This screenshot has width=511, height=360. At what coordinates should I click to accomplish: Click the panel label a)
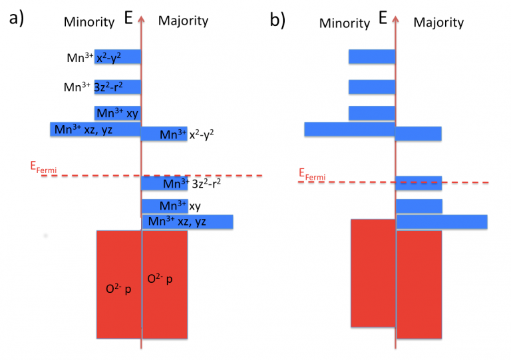point(16,18)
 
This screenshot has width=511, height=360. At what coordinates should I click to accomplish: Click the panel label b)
point(277,20)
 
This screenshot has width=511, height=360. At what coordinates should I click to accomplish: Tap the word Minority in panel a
point(89,22)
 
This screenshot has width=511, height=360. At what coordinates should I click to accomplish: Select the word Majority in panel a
point(183,21)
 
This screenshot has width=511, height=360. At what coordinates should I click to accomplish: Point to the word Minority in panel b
point(345,23)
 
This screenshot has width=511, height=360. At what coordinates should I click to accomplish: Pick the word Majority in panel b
point(438,23)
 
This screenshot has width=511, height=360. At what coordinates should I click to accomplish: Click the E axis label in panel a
point(128,17)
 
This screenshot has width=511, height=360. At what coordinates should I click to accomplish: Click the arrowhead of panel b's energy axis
point(395,19)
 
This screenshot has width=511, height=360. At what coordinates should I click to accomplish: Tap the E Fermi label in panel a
point(43,168)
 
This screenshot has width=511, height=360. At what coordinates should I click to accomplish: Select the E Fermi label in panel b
point(312,174)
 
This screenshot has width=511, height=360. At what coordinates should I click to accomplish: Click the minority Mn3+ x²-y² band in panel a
point(118,57)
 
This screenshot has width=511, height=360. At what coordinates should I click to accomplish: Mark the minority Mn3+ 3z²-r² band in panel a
point(118,87)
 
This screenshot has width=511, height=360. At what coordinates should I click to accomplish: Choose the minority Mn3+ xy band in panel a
point(118,113)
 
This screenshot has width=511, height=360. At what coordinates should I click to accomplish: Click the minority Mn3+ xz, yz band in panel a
point(96,129)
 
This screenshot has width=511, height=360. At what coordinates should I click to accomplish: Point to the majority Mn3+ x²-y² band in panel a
point(164,134)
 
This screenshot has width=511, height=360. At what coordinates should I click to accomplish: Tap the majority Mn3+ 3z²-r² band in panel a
point(164,183)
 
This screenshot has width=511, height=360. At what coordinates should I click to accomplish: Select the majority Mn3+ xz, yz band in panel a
point(188,222)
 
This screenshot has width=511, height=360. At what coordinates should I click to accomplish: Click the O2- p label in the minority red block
point(118,289)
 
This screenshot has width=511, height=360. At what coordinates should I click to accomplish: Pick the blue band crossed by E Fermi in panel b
point(419,183)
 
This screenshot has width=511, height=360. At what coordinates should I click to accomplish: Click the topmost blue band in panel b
point(372,57)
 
